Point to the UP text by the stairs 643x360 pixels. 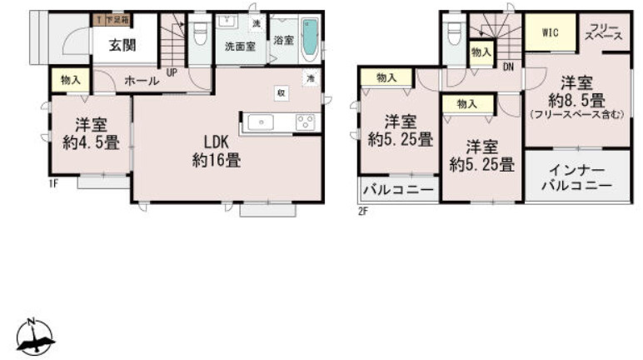(172, 72)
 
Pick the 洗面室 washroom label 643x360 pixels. (240, 47)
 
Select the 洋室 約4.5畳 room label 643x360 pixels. (91, 133)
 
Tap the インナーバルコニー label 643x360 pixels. (577, 176)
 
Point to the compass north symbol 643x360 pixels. (34, 337)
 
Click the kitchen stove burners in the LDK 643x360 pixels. (304, 122)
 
